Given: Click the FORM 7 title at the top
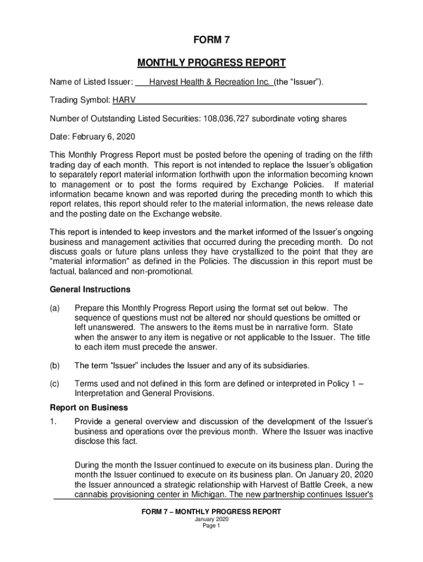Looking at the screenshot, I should coord(211,40).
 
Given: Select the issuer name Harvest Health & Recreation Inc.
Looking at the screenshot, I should coord(210,82).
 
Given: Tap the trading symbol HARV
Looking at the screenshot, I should coord(125,100).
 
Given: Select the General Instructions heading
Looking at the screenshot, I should coord(90,289).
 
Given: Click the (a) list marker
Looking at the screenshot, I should coord(55,308).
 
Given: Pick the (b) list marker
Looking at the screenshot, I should coord(55,365).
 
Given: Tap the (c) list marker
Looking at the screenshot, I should coord(55,384).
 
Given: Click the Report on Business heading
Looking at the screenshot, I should coord(89,407).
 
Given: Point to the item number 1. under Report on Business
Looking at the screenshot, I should coord(53,421).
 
